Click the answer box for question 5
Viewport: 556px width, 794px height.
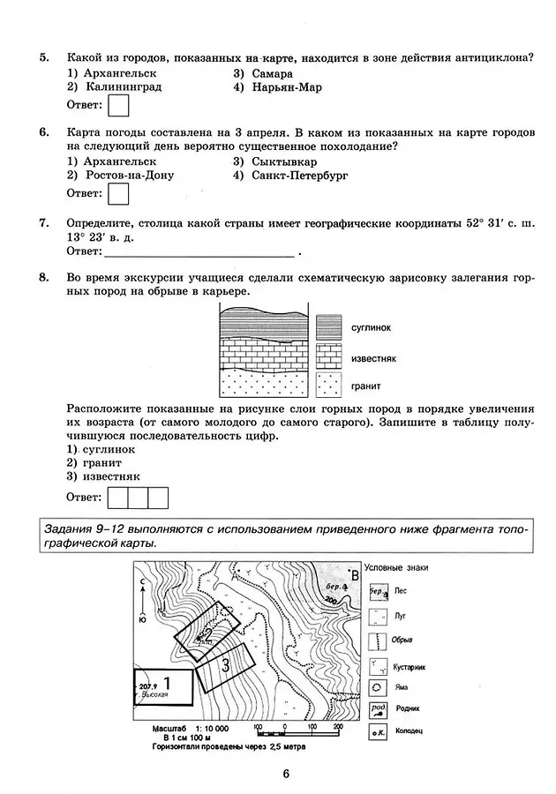point(117,106)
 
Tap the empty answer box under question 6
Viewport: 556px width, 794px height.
point(117,193)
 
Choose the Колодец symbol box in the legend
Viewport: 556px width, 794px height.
point(377,731)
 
